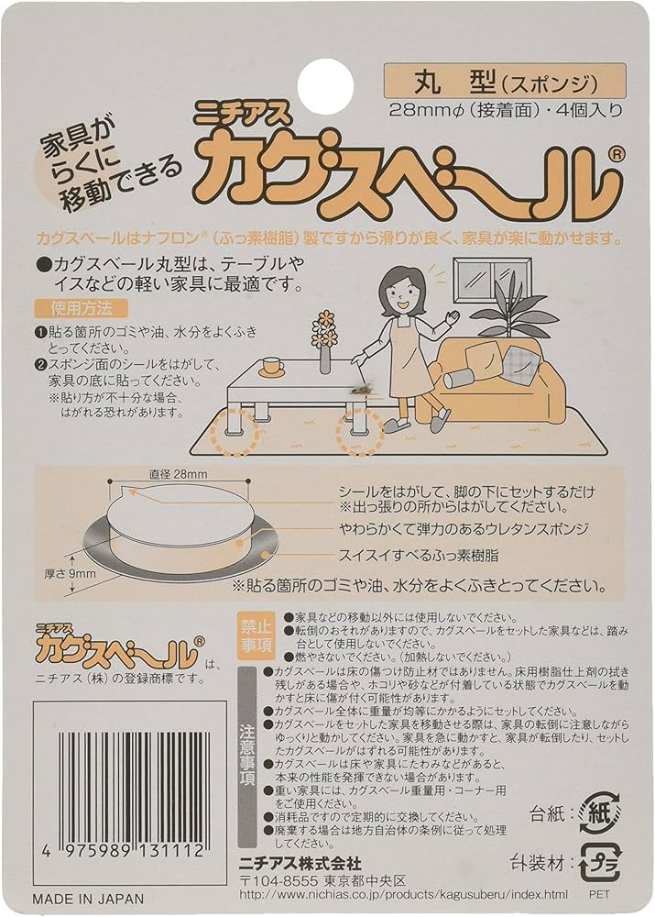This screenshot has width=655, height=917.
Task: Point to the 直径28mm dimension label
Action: (x=178, y=474)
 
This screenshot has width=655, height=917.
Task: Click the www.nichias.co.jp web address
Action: (x=404, y=894)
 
